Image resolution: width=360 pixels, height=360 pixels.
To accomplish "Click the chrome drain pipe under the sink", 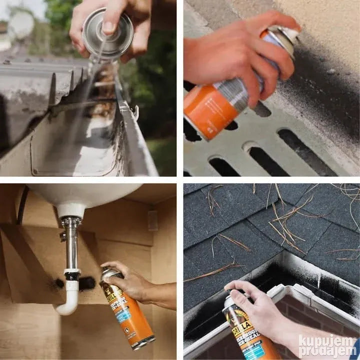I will (x=71, y=245).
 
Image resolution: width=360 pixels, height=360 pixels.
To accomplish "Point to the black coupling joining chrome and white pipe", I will (x=72, y=275).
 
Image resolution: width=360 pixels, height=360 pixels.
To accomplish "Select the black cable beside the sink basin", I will (x=21, y=205).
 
